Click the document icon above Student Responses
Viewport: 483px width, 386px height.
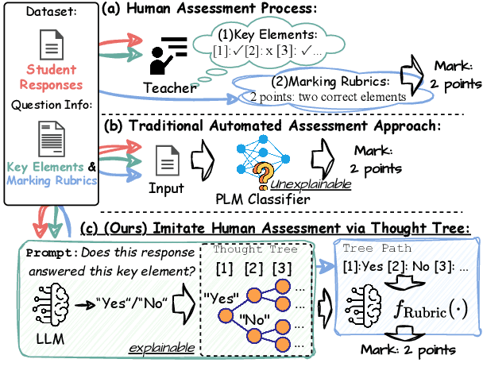tap(50, 44)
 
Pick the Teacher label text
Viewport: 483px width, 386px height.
tap(168, 87)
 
